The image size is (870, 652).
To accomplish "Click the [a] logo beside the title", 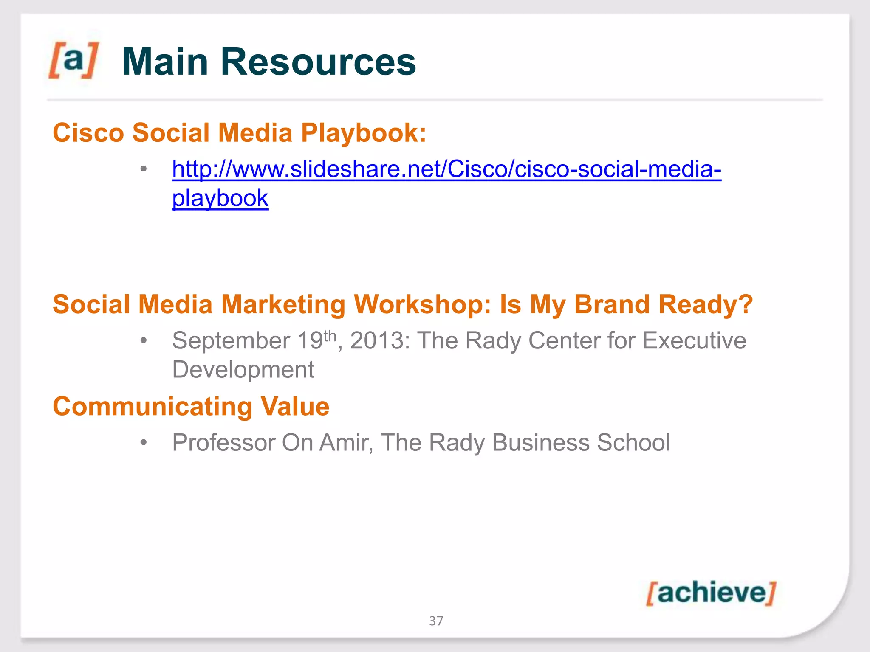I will tap(73, 60).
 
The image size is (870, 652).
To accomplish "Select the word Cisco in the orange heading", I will tap(88, 133).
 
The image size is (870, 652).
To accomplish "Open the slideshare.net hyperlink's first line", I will tap(446, 169).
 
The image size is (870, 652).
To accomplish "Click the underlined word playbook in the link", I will tap(220, 198).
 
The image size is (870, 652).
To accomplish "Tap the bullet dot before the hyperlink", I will tap(144, 169).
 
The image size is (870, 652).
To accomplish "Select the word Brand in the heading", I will tap(612, 305).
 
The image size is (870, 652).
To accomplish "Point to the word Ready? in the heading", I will tap(705, 305).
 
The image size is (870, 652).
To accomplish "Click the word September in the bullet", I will tap(231, 341).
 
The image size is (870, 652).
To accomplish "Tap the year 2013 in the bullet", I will tap(377, 341).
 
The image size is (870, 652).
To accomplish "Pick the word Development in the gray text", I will tap(243, 370).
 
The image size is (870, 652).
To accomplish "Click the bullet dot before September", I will tap(144, 341).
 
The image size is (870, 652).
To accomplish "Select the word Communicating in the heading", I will tap(153, 407).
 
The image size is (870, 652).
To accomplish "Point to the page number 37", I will tap(436, 621).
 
